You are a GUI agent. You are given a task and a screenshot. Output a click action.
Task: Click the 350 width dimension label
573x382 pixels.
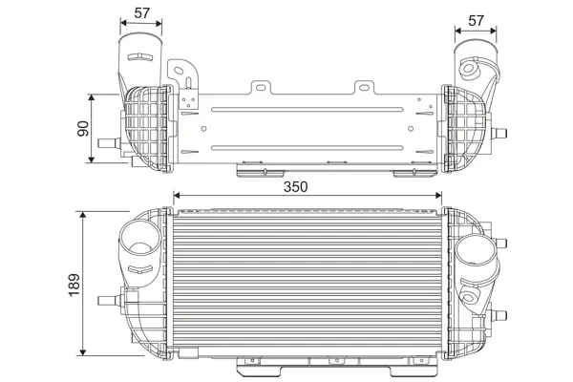coord(296,187)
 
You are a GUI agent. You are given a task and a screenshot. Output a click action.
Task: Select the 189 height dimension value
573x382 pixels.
coord(74,285)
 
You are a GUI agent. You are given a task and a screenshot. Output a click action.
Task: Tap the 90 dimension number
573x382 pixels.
coord(83,128)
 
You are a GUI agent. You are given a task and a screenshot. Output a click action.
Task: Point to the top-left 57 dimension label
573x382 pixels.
coord(141,13)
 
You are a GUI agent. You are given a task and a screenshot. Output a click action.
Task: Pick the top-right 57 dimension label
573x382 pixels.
coord(476,20)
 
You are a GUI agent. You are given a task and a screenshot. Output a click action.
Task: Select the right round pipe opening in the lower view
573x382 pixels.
coord(476,249)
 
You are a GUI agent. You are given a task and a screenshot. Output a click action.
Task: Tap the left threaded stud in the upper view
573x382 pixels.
coord(109,143)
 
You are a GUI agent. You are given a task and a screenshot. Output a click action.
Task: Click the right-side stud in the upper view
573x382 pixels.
coord(499,133)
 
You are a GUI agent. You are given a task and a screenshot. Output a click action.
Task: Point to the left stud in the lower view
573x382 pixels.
coord(109,301)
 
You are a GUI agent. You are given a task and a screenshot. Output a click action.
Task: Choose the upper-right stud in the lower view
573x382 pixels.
coord(499,243)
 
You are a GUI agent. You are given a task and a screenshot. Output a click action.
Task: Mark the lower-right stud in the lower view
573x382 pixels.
coord(499,315)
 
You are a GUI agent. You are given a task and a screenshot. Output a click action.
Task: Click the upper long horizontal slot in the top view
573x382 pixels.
coord(307,109)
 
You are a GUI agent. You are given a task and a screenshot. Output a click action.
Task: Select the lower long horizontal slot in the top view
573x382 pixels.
coord(307,148)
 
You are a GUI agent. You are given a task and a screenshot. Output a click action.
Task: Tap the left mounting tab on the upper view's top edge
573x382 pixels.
coord(261,88)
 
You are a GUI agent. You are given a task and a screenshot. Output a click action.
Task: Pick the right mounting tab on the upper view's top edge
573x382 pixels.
coord(365,88)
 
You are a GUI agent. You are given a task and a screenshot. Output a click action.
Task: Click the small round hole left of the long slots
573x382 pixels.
coord(203,129)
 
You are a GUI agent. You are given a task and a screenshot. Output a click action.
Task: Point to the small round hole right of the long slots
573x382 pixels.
coord(411,129)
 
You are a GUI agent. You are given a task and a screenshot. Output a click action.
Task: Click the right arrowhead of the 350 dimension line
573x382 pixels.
coord(438,196)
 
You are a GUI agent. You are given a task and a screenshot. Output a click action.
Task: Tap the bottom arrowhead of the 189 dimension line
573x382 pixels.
coord(83,352)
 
